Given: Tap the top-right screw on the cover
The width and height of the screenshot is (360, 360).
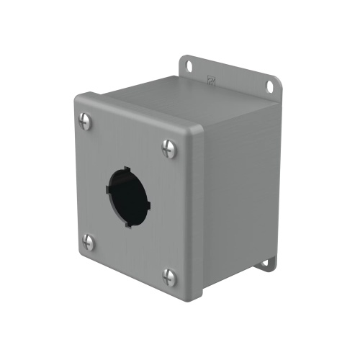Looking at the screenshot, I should click(x=170, y=148).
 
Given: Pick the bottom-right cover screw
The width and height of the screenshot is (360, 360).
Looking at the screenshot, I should click(x=170, y=276).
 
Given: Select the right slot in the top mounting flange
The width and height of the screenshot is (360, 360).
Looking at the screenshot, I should click(x=270, y=86).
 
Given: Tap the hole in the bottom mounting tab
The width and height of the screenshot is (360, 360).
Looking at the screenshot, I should click(x=269, y=264).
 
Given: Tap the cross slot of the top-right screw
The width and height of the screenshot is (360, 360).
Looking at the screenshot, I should click(x=170, y=148).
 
